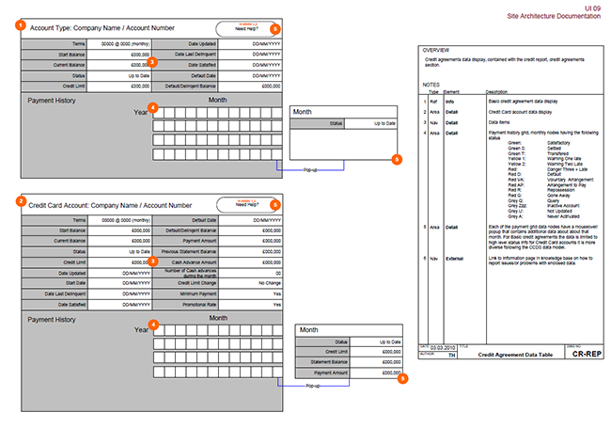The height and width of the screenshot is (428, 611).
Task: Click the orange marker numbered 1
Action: point(22,26)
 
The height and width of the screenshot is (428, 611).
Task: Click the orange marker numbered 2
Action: point(22,202)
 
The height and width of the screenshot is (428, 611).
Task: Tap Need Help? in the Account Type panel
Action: point(246,30)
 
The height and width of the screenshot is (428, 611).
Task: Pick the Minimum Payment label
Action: point(197,293)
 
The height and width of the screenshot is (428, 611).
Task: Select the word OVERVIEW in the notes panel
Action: point(436,49)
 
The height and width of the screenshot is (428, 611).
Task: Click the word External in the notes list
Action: point(458,257)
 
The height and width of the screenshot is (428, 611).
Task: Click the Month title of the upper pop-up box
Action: point(304,112)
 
